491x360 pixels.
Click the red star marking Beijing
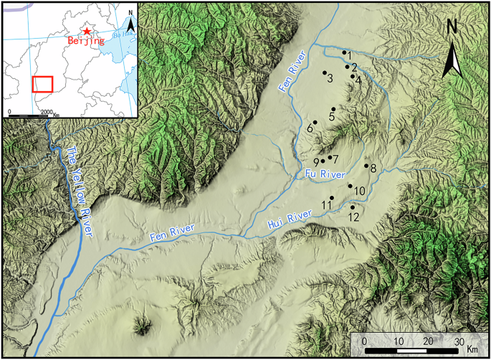[87, 31]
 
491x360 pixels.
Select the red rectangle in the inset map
[42, 83]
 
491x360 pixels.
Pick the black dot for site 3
[325, 72]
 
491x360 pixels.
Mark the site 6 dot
[315, 122]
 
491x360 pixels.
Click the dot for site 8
[366, 166]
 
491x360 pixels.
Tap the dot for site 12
[352, 207]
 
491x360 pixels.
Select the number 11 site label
[326, 206]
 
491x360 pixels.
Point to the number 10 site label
[360, 191]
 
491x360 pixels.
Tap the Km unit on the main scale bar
[472, 349]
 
